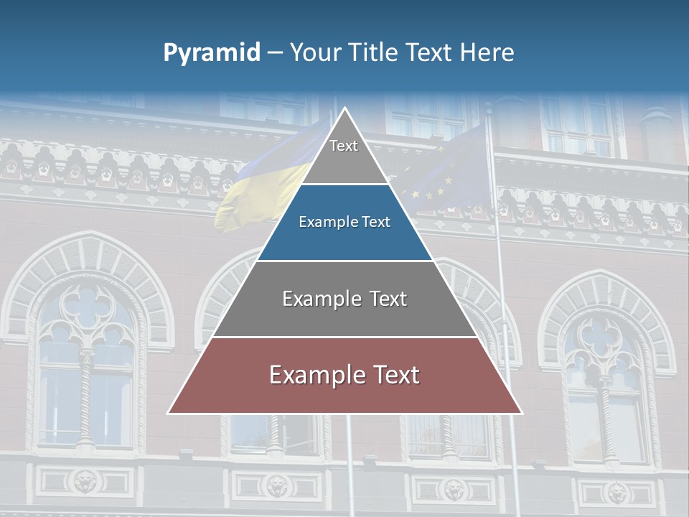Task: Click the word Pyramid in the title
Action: (x=212, y=53)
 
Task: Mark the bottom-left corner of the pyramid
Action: (x=169, y=413)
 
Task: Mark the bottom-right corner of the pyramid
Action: (x=521, y=413)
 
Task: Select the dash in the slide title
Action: (x=275, y=53)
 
